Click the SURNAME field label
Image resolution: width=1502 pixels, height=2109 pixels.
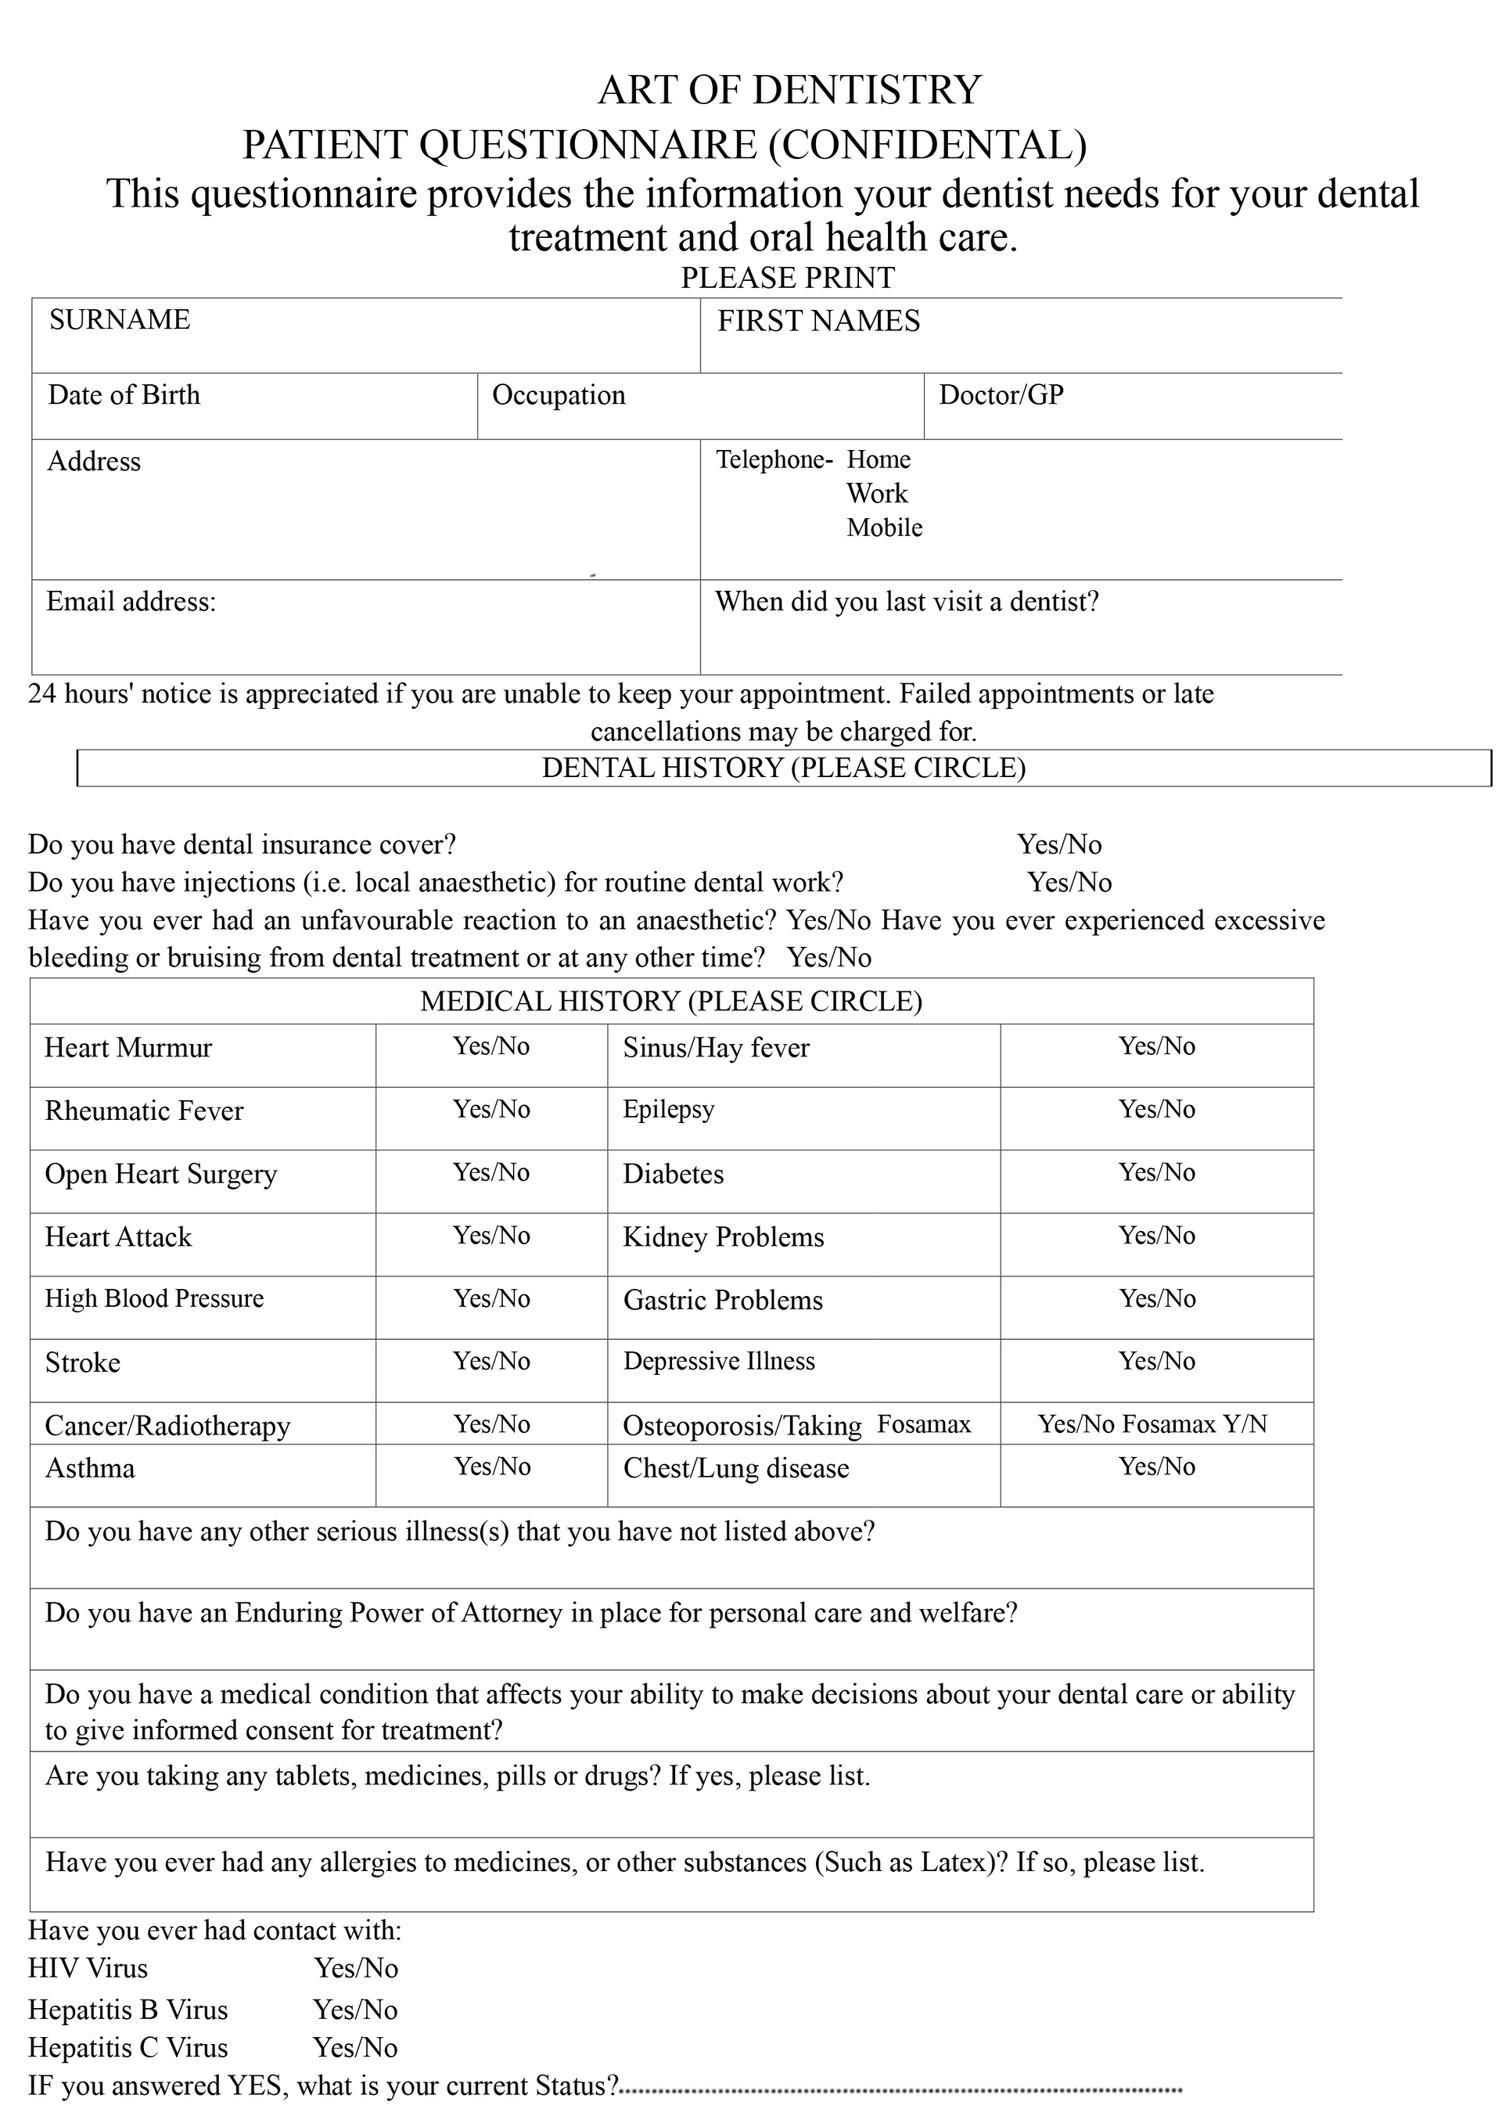[x=120, y=319]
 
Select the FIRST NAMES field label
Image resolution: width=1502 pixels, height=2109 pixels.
[x=818, y=321]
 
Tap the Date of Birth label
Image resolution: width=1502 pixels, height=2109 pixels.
[x=124, y=395]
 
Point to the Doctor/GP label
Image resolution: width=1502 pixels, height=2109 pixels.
[x=1001, y=395]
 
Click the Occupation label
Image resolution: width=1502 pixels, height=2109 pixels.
[x=559, y=395]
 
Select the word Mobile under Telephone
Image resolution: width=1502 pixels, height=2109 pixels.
[x=884, y=527]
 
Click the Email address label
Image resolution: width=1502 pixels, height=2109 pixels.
[x=131, y=602]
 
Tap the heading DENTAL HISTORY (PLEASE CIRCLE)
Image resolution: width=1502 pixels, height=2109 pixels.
[x=783, y=768]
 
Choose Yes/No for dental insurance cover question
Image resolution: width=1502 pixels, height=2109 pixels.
[x=1059, y=844]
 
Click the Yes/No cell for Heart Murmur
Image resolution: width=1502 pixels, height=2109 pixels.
[x=491, y=1046]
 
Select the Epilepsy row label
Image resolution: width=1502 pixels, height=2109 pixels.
[x=669, y=1109]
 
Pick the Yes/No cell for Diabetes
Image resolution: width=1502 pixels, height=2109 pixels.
[x=1157, y=1172]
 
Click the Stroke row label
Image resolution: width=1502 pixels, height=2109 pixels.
[x=83, y=1362]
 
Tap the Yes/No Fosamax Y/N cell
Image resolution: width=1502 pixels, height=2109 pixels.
[x=1152, y=1423]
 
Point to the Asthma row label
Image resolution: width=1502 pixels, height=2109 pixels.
[x=90, y=1468]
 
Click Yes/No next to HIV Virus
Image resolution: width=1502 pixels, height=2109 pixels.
[x=356, y=1967]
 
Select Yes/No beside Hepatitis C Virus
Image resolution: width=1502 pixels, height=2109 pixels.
[x=355, y=2047]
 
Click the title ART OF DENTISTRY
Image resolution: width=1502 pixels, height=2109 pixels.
[x=789, y=91]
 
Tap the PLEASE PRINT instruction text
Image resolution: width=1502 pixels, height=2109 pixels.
[x=788, y=278]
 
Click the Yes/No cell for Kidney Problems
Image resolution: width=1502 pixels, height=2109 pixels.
[x=1157, y=1235]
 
